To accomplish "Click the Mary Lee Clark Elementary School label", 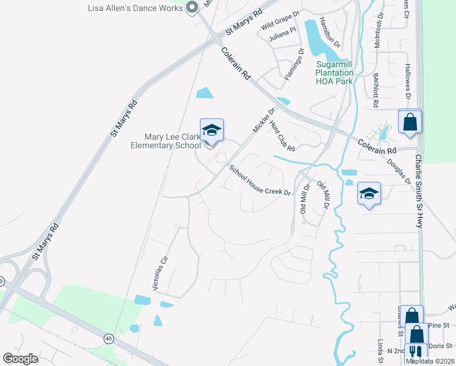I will click(x=165, y=141).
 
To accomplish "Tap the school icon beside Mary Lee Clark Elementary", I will click(x=212, y=131).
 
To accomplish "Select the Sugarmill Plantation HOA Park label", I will click(x=334, y=73).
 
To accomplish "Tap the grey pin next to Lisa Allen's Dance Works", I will click(x=192, y=8).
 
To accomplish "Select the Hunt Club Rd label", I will click(x=282, y=136).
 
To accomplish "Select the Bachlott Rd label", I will click(x=376, y=91).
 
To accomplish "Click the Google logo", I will click(x=21, y=359).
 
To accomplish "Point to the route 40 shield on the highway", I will click(x=109, y=337).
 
